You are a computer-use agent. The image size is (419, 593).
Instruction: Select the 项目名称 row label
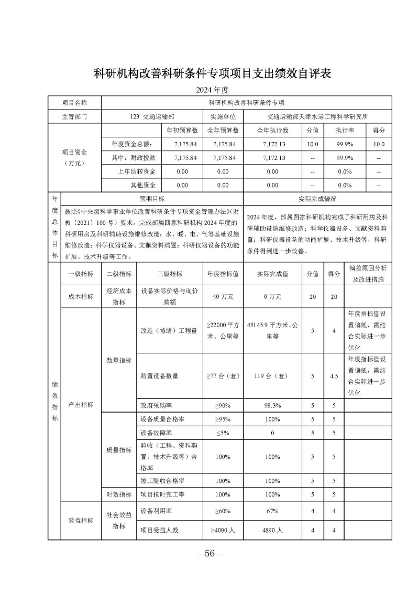[x=74, y=103]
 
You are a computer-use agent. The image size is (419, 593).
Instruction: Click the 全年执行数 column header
[x=272, y=130]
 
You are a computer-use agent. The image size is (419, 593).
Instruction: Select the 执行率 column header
[x=345, y=130]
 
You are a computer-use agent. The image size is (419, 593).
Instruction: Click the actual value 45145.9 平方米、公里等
[x=272, y=330]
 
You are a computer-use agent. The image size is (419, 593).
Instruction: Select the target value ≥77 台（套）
[x=223, y=375]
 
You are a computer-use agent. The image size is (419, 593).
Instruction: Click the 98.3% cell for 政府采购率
[x=272, y=405]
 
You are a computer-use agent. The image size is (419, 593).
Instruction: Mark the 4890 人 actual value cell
[x=272, y=530]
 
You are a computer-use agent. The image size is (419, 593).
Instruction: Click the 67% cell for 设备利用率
[x=272, y=510]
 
